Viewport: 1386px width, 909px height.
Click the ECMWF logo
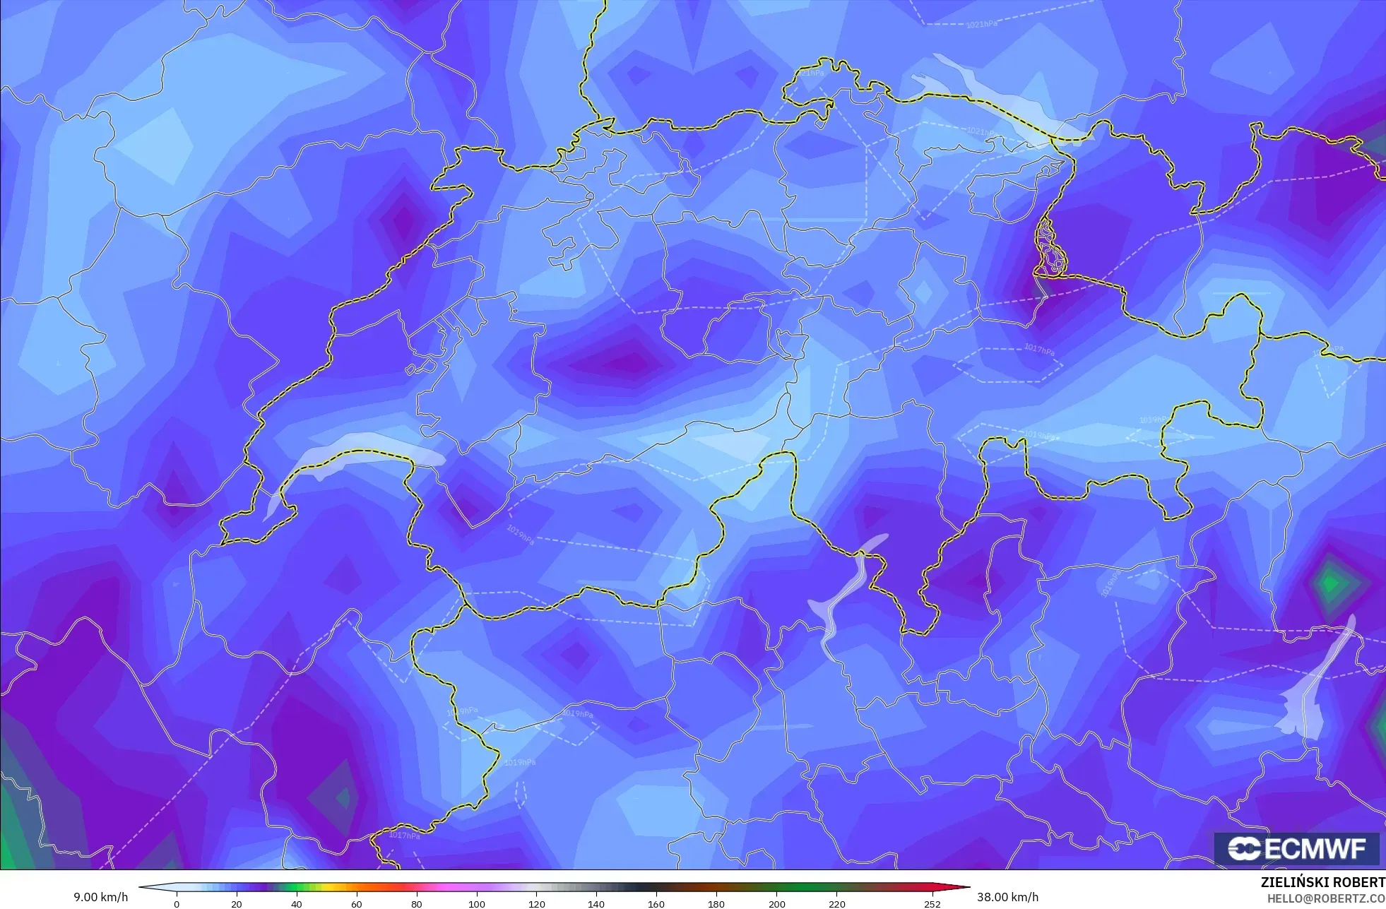click(x=1296, y=848)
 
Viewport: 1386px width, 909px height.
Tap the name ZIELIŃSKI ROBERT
click(x=1322, y=882)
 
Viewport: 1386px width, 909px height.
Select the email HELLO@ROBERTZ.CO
click(x=1325, y=898)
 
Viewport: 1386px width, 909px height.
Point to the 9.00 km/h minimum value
click(x=101, y=897)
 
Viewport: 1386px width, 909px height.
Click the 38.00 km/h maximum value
click(x=1007, y=897)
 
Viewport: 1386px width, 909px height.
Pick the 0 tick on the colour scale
click(x=177, y=904)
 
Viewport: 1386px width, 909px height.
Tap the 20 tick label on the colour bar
click(x=237, y=904)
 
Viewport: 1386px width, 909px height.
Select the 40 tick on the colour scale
click(x=297, y=904)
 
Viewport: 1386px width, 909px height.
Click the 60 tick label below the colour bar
click(x=357, y=904)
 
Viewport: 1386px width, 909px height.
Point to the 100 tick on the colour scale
click(x=477, y=904)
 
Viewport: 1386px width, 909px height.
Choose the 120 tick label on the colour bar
click(x=537, y=904)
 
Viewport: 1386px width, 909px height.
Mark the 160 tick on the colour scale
click(x=656, y=904)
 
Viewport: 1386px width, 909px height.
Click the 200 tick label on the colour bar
click(x=776, y=904)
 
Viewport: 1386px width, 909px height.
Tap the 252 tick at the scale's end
click(x=932, y=904)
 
